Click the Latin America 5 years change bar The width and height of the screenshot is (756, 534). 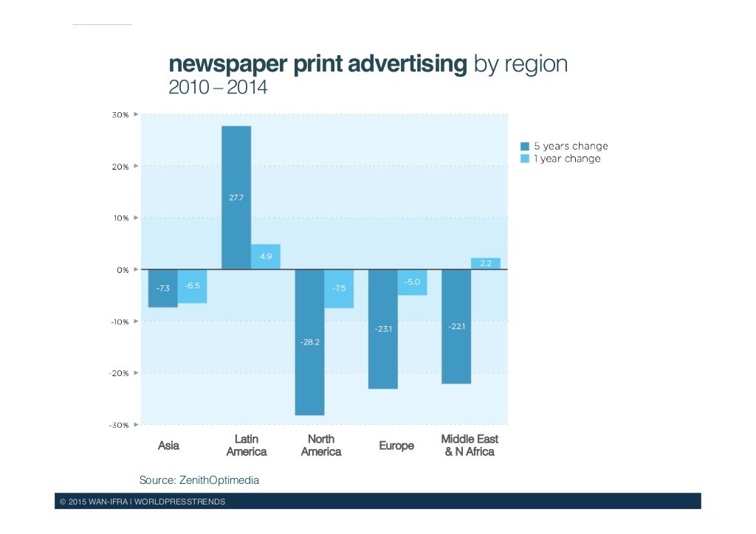pyautogui.click(x=236, y=198)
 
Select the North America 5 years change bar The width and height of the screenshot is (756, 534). pyautogui.click(x=309, y=342)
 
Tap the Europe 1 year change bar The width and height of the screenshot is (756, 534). pyautogui.click(x=413, y=282)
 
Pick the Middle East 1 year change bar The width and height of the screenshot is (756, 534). pyautogui.click(x=485, y=264)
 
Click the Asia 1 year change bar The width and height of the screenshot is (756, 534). pyautogui.click(x=192, y=286)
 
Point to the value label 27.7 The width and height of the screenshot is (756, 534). pyautogui.click(x=236, y=198)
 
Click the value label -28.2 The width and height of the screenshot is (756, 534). pyautogui.click(x=309, y=342)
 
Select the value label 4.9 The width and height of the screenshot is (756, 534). pyautogui.click(x=266, y=256)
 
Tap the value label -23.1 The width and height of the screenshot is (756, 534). pyautogui.click(x=383, y=328)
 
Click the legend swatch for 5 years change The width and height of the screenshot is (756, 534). pyautogui.click(x=525, y=146)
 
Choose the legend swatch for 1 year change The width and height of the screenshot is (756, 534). pyautogui.click(x=525, y=159)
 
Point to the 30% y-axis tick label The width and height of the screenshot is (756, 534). pyautogui.click(x=120, y=115)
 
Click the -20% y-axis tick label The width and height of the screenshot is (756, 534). pyautogui.click(x=119, y=373)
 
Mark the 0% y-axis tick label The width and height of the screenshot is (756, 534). pyautogui.click(x=122, y=270)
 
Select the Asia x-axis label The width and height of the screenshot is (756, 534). pyautogui.click(x=168, y=445)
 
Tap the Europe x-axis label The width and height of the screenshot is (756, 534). pyautogui.click(x=396, y=445)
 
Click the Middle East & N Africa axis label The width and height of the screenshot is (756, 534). pyautogui.click(x=470, y=445)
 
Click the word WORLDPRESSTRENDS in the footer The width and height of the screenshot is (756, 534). pyautogui.click(x=188, y=502)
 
